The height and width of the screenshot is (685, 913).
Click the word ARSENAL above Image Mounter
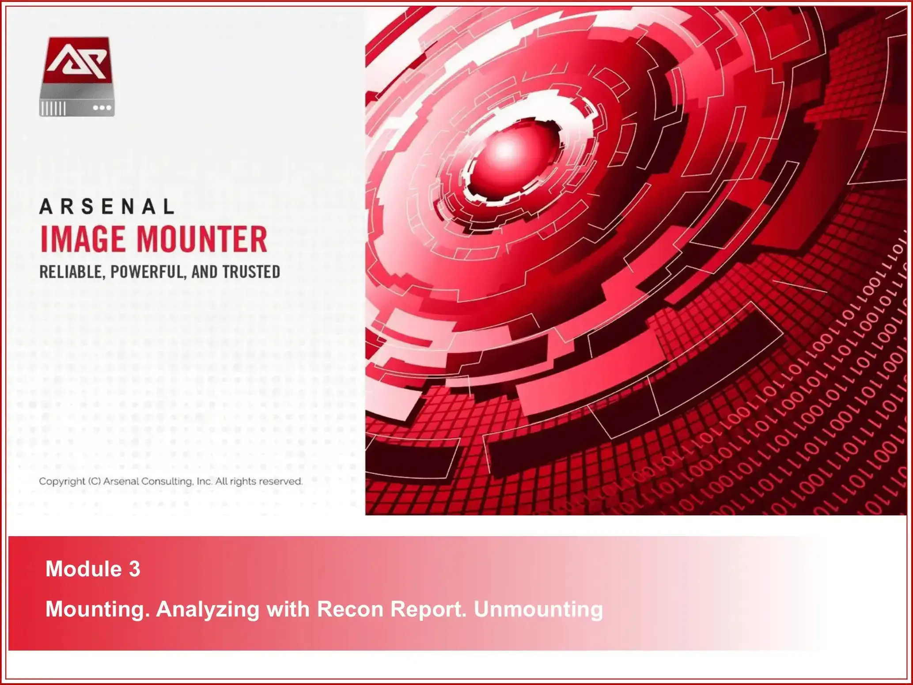coord(107,207)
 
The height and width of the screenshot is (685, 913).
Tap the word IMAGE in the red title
coord(82,239)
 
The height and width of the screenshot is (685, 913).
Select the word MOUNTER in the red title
coord(202,239)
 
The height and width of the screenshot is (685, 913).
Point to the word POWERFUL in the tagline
coord(148,272)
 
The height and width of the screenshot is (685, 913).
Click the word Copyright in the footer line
coord(62,482)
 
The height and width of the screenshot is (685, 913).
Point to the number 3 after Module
coord(135,569)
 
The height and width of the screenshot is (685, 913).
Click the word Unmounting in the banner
coord(538,609)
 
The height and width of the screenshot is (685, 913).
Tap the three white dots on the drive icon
coord(102,107)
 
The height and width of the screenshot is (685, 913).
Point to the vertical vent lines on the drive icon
coord(53,108)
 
